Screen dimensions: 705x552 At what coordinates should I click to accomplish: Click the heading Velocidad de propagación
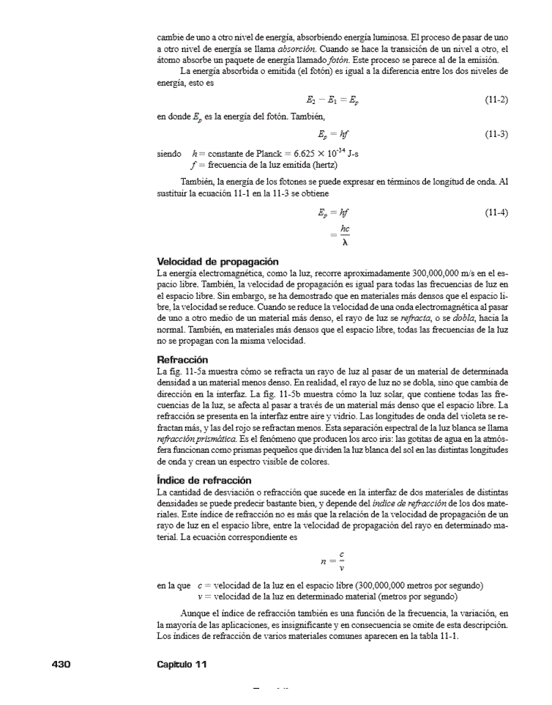pos(217,261)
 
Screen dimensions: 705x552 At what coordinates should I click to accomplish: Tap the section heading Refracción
pos(182,360)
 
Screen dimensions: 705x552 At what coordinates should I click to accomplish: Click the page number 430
pos(60,664)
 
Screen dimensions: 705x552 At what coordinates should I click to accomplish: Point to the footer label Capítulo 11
pos(182,664)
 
